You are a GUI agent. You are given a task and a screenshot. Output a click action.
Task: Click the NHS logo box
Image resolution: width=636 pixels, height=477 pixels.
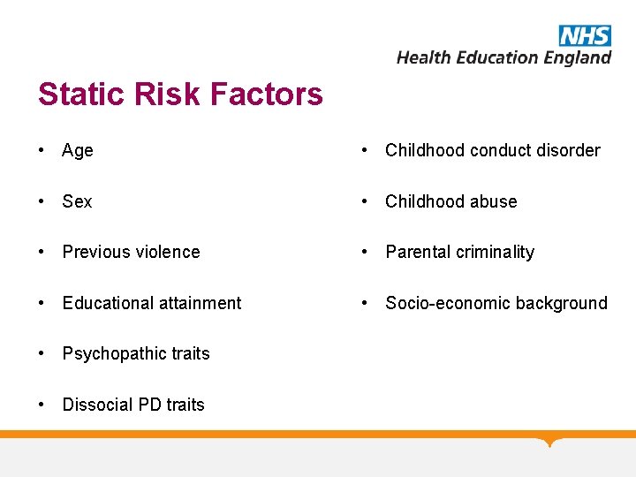click(585, 35)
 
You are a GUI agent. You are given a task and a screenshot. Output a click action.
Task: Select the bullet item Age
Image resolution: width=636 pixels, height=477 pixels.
click(78, 151)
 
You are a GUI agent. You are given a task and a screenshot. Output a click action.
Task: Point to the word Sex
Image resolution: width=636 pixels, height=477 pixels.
click(77, 201)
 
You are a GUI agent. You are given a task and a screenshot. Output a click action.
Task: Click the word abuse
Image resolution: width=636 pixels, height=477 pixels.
click(495, 201)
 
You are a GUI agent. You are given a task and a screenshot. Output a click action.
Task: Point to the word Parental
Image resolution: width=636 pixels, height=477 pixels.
click(419, 253)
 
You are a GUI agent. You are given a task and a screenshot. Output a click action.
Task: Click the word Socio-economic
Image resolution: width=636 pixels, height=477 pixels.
click(440, 303)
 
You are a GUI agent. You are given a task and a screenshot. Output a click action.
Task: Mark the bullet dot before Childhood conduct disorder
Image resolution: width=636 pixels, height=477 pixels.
click(365, 150)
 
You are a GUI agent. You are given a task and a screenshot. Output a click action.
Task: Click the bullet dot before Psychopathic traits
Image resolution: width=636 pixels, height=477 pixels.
click(42, 353)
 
